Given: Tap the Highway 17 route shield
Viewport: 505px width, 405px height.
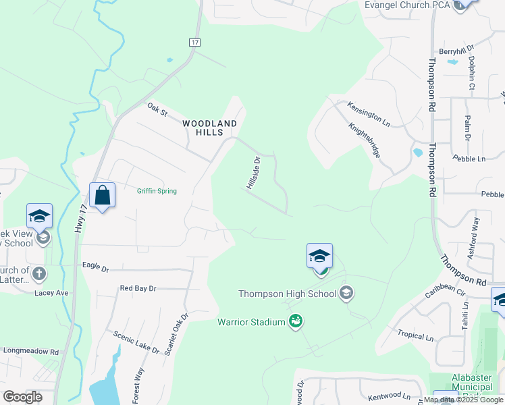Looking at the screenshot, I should coord(195,42).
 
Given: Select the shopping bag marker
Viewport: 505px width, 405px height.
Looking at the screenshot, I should coord(102,196).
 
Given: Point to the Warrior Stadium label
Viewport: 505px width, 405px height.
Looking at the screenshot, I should coord(251,322).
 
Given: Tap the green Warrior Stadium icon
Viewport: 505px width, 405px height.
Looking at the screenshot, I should coord(295,322).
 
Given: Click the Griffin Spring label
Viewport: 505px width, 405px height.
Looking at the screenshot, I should coord(157,191).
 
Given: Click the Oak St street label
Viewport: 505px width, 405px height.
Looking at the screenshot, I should coord(157,109).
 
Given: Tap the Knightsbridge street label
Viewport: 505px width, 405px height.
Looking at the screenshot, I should coord(365,140).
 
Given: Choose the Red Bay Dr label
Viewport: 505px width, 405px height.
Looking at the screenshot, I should coord(138,288).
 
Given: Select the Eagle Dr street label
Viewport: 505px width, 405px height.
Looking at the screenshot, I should coord(95,267).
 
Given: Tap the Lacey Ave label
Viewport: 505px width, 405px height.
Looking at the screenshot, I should coord(53,293).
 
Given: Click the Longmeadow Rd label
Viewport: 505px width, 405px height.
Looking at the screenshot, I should coord(31,351).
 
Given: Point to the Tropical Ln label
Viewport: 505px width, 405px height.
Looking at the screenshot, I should coord(415,336).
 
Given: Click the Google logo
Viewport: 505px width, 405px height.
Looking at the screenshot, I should coord(22,397).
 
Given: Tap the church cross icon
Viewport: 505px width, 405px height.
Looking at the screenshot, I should coord(40,273).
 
